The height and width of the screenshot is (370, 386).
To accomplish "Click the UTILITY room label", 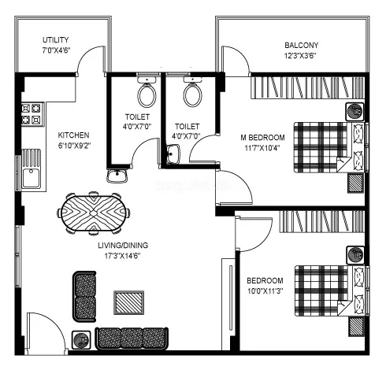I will tap(56, 39).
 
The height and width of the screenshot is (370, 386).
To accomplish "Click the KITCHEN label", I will tap(74, 135).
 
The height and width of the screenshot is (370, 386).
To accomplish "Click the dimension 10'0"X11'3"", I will tap(265, 290).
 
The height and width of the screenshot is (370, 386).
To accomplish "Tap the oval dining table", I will tap(94, 213).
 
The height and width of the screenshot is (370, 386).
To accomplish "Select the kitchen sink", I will tap(32, 175).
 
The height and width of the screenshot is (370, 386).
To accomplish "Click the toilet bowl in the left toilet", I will tap(146, 95).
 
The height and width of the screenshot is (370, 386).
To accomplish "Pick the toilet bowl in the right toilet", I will tap(191, 95).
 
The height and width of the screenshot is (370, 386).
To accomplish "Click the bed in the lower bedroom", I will tap(321, 290).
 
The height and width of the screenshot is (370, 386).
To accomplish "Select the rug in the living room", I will tap(129, 302).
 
